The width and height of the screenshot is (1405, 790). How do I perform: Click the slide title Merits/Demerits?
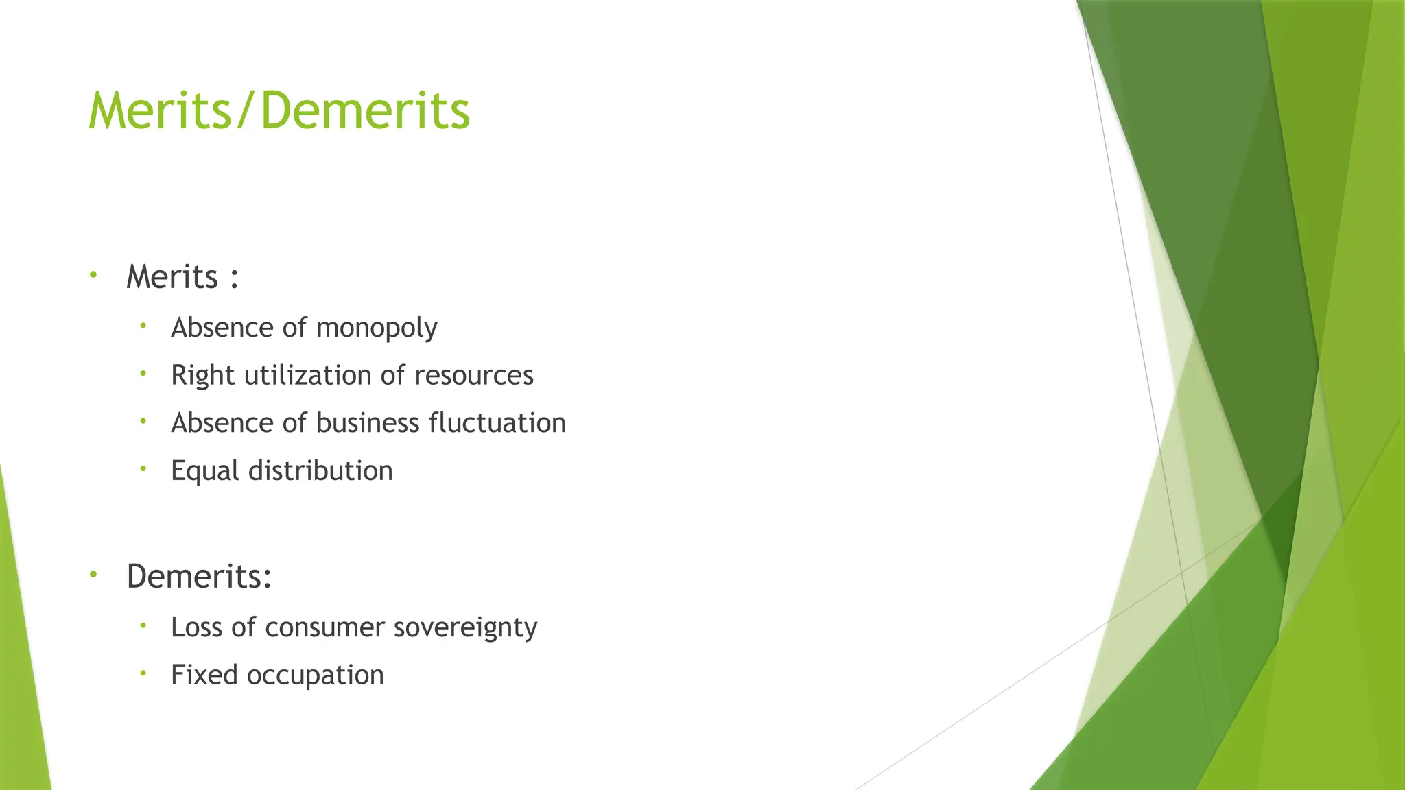point(279,110)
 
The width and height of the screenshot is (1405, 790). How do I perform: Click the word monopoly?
point(377,328)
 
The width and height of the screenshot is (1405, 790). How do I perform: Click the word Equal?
point(205,471)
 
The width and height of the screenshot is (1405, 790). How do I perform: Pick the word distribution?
point(320,471)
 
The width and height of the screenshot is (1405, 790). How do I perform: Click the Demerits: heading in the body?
point(199,576)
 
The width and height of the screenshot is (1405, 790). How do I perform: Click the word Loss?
point(197,627)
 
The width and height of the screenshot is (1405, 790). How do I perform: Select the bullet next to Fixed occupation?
point(143,673)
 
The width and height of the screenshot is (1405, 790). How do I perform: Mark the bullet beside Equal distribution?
point(143,469)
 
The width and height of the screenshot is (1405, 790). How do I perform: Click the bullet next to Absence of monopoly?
point(143,326)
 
